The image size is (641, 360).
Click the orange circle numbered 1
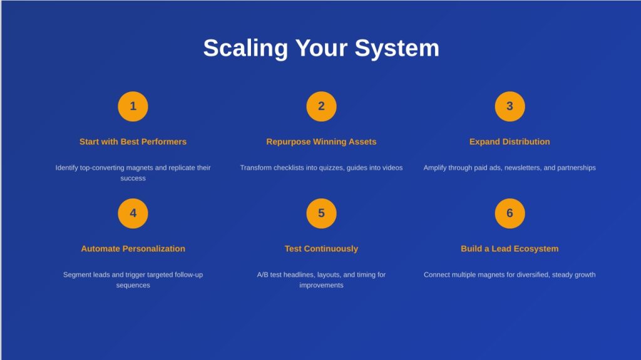point(133,106)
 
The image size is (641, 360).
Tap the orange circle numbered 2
point(321,106)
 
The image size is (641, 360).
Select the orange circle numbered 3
point(510,106)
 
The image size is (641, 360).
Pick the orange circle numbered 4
point(133,213)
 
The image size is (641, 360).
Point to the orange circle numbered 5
point(321,213)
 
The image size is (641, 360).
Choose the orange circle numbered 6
point(510,213)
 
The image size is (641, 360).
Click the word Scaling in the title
point(245,49)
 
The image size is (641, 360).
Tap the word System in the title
point(397,49)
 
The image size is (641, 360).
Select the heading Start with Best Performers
point(133,141)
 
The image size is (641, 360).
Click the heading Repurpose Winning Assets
point(321,141)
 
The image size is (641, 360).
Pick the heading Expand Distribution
point(510,141)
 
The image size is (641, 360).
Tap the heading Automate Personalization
point(133,249)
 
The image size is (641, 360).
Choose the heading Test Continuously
point(321,249)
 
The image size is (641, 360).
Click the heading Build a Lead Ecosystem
point(510,249)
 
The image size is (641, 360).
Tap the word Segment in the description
point(76,275)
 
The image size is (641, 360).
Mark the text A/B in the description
point(262,274)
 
